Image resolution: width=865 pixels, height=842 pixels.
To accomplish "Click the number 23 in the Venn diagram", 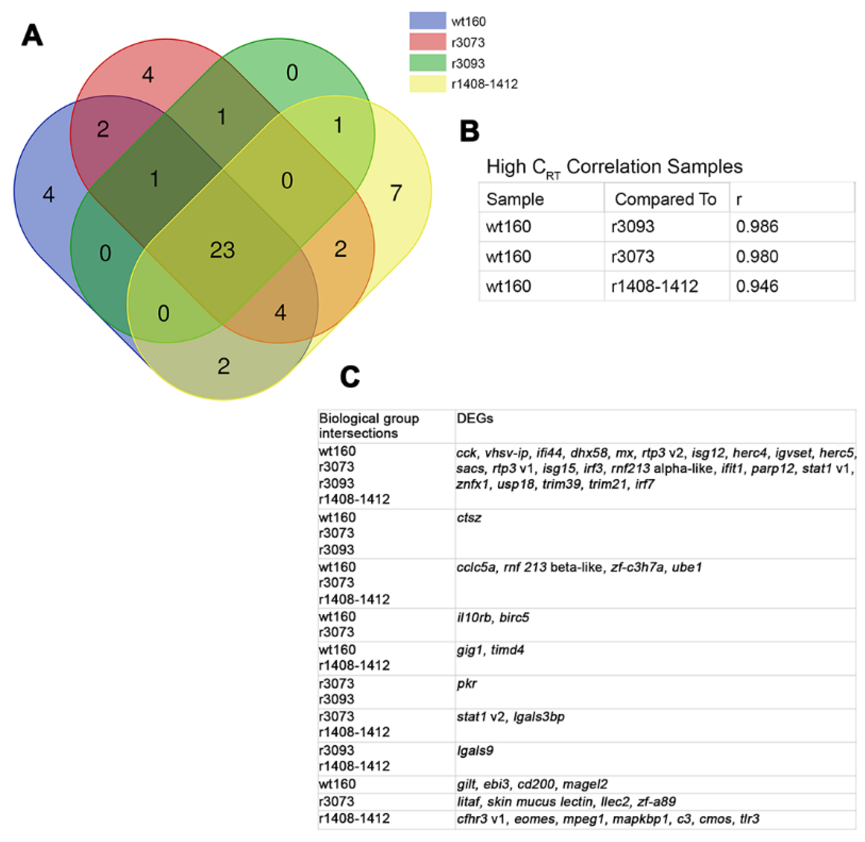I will click(x=222, y=250).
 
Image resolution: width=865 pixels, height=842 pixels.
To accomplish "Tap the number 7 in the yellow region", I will click(x=396, y=193).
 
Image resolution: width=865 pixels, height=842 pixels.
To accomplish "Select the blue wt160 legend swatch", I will click(x=427, y=21).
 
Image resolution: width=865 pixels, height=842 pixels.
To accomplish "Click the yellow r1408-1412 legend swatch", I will click(x=427, y=83).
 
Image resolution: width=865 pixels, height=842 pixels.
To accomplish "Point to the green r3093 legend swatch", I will click(x=427, y=63).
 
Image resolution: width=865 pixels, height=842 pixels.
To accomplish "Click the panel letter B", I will click(x=469, y=131).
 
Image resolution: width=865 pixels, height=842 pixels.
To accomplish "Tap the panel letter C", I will click(x=350, y=377).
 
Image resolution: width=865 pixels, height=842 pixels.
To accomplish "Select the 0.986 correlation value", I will click(x=757, y=226).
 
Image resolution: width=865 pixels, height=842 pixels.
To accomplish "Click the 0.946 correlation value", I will click(x=757, y=286).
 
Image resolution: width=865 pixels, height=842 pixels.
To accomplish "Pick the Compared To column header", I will click(x=665, y=199).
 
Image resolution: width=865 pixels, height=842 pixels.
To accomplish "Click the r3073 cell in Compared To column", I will click(x=632, y=256).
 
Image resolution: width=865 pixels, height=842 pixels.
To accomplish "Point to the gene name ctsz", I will click(x=469, y=517).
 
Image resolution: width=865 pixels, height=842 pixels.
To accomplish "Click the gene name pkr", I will click(x=467, y=684).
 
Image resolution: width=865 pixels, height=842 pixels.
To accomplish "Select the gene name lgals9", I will click(x=475, y=750).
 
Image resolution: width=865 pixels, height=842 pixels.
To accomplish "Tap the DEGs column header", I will click(x=474, y=418).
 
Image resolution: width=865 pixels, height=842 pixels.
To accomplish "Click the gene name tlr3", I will click(x=750, y=819).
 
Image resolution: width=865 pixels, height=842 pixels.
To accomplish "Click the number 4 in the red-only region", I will click(x=148, y=75).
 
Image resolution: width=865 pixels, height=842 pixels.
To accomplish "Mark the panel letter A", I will click(x=32, y=36).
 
